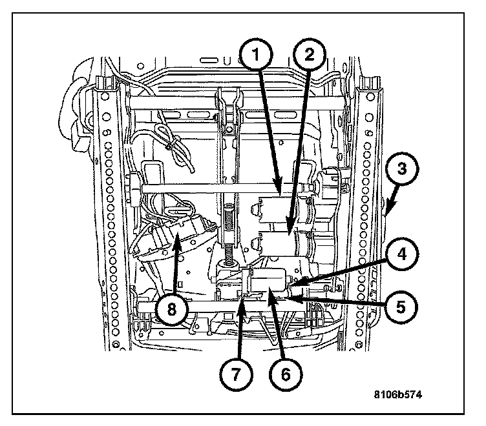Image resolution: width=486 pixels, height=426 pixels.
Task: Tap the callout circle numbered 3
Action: pos(401,170)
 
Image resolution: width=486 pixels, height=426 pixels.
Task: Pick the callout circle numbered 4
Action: pos(401,254)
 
